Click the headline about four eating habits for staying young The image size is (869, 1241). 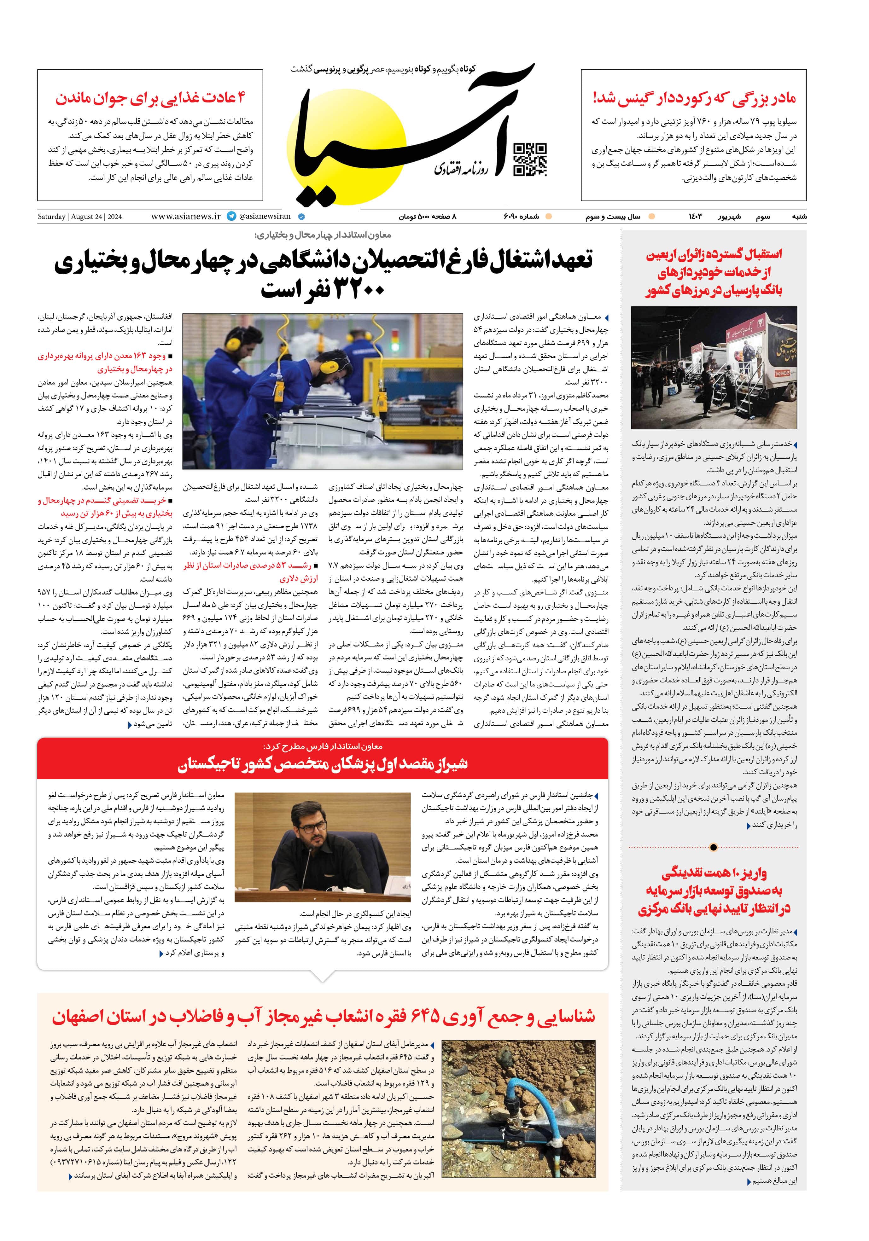150,98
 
